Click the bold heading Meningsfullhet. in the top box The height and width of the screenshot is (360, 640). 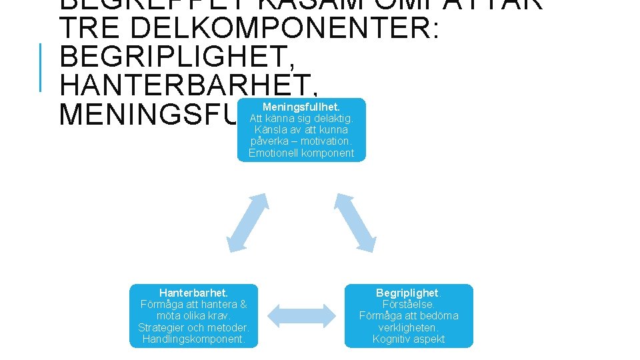point(301,107)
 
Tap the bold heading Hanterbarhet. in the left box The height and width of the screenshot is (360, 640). point(194,293)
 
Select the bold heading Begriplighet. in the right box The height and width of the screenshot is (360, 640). point(409,293)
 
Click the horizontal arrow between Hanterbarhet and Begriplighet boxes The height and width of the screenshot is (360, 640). point(302,315)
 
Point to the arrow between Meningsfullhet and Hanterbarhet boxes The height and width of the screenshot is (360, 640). point(247,223)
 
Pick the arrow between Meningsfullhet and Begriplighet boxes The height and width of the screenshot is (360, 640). point(354,223)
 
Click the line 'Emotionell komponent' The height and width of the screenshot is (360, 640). point(301,153)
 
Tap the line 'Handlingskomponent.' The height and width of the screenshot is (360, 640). point(194,339)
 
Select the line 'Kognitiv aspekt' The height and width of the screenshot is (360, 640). point(409,339)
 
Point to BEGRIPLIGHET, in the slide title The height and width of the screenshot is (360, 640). point(177,58)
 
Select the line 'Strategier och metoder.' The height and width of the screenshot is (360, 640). point(194,327)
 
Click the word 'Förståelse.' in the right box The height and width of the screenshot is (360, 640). point(409,305)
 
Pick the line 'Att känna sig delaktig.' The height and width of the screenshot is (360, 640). point(301,119)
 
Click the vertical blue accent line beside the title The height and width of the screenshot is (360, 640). point(41,67)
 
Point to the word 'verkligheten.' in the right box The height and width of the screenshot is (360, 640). point(409,327)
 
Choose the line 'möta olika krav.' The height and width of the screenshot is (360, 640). point(194,316)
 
